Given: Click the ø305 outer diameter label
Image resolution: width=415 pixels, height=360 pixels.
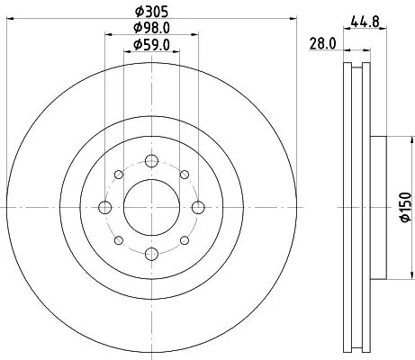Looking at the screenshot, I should [150, 12].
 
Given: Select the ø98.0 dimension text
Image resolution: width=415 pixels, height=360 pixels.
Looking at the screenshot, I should [150, 28].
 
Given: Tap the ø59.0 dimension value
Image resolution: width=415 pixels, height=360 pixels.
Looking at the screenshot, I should [150, 44].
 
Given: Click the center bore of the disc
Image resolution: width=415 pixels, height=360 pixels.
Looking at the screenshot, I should [150, 208].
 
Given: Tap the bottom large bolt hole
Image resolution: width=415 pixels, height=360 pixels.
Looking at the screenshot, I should [150, 253].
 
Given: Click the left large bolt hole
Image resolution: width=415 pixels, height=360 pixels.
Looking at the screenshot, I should [105, 208].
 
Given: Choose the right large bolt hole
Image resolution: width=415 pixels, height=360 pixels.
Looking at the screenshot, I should [195, 208].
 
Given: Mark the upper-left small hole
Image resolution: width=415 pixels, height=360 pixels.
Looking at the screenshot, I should [118, 176].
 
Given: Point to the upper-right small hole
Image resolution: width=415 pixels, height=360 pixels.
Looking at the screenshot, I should [183, 176].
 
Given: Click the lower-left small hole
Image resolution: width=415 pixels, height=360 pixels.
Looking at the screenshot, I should [118, 240].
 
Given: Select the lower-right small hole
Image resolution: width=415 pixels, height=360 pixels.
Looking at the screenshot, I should [183, 240].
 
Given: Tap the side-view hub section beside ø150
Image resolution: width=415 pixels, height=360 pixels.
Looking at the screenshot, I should [375, 208].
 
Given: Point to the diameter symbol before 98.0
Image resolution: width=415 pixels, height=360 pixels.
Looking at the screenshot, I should [136, 28].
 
